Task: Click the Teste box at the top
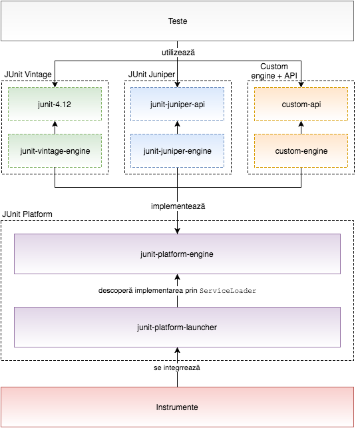[178, 21]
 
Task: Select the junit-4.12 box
[55, 104]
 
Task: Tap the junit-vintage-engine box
[55, 150]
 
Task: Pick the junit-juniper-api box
[178, 104]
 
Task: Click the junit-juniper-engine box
[178, 150]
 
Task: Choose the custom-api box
[301, 104]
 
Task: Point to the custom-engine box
[301, 150]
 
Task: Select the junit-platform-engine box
[178, 254]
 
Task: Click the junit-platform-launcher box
[178, 327]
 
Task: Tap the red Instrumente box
[178, 407]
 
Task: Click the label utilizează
[178, 53]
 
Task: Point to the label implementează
[178, 206]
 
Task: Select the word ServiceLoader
[228, 291]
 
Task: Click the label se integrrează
[177, 367]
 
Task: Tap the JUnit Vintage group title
[28, 75]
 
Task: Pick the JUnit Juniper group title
[152, 75]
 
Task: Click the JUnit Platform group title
[27, 214]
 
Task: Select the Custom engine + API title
[274, 71]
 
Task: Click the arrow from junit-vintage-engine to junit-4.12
[55, 128]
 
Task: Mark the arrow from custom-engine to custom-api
[301, 128]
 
